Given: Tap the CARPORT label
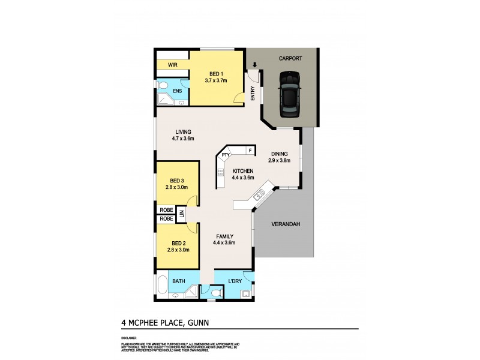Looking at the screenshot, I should point(290,58).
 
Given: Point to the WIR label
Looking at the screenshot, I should point(172,64).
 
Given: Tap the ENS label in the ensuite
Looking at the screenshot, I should point(177,91).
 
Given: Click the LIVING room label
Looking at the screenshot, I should point(183,132).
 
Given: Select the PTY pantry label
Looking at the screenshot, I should point(226,155).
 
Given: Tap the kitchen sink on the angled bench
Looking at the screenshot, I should point(260,194).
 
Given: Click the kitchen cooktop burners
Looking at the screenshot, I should point(221,174).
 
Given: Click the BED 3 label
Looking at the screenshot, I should point(177,180).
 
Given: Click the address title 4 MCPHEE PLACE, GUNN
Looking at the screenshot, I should point(165,323).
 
